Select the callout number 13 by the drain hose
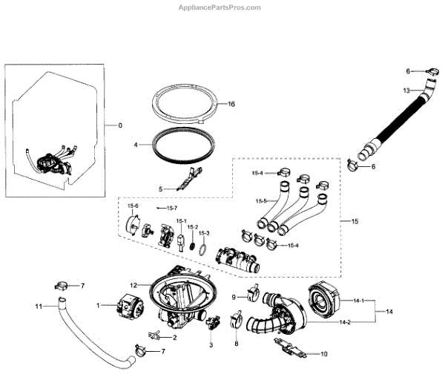click(x=406, y=91)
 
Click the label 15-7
click(x=173, y=209)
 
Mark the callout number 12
click(x=133, y=285)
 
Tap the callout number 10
click(x=323, y=355)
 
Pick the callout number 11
click(x=39, y=306)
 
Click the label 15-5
click(x=261, y=201)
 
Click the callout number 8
click(x=236, y=344)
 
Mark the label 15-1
click(x=181, y=221)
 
